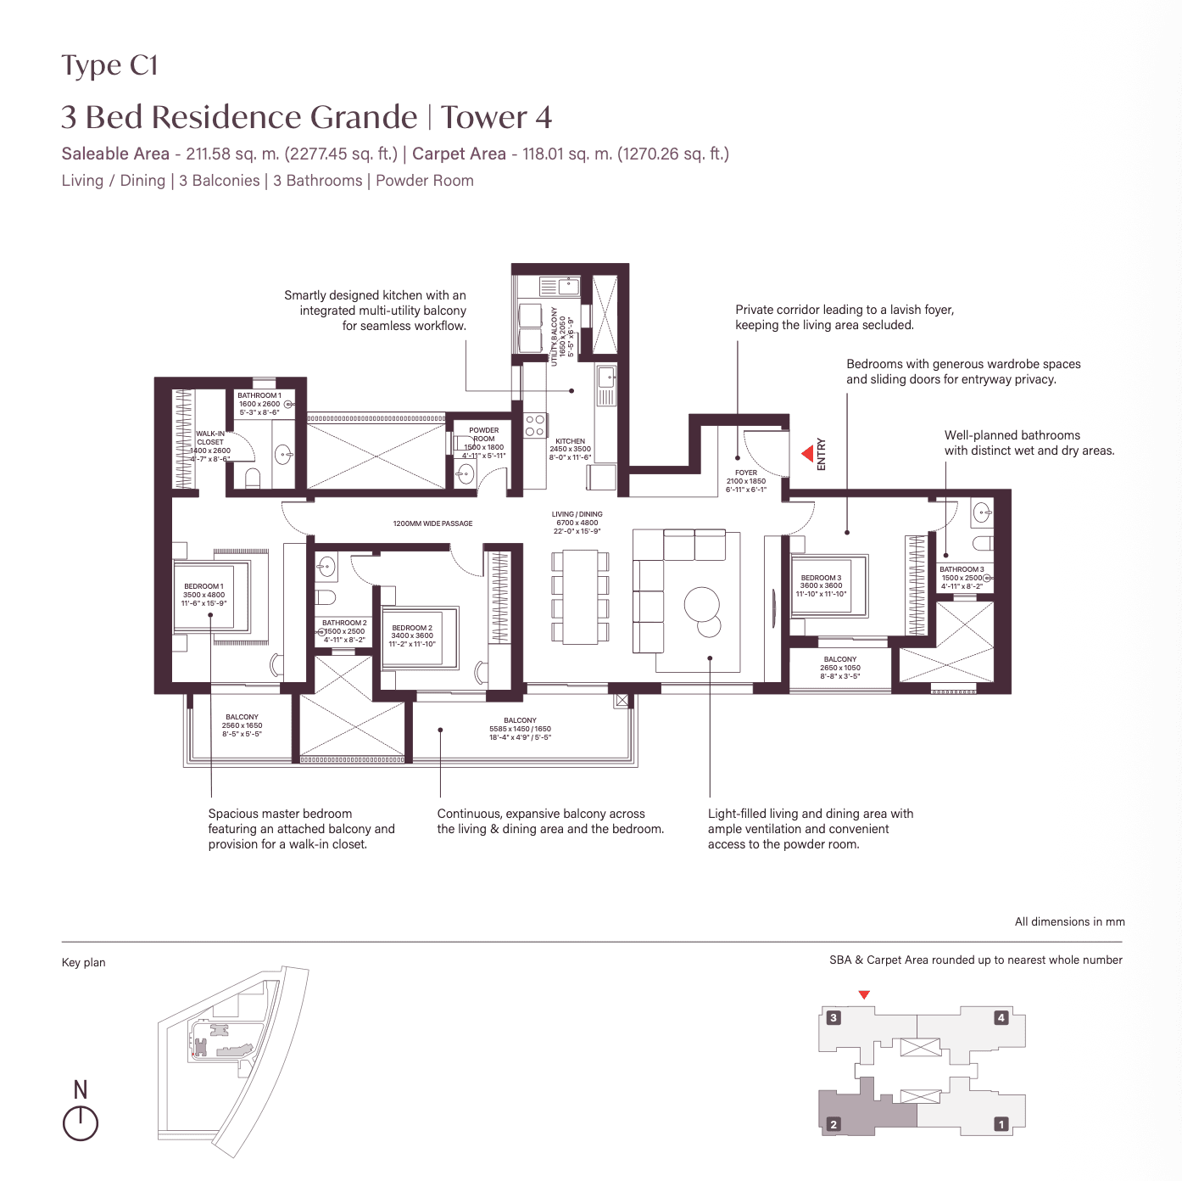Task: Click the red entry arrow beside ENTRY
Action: point(808,455)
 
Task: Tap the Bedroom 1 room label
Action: point(204,595)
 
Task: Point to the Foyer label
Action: point(745,481)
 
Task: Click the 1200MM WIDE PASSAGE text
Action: point(432,523)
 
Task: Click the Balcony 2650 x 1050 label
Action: point(839,668)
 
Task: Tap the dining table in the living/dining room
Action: point(580,596)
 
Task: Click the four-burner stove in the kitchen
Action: point(534,426)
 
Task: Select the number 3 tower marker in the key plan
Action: point(834,1017)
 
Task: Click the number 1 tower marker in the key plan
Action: point(1001,1124)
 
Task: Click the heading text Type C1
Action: point(109,66)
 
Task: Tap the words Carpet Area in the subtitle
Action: point(459,154)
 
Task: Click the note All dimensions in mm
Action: point(1069,921)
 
